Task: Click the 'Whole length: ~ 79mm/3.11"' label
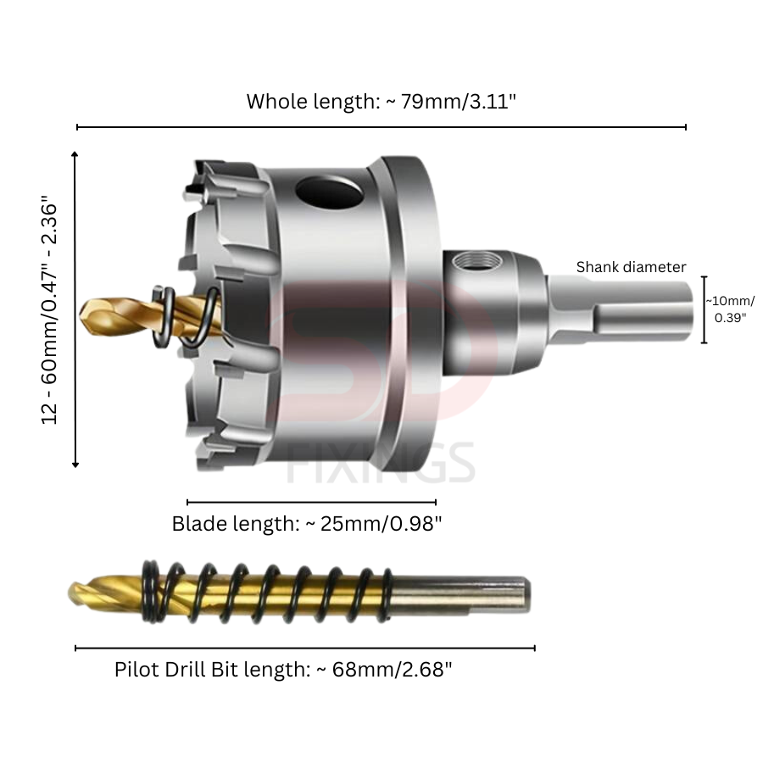point(381,102)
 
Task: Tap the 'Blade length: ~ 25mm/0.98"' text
point(307,524)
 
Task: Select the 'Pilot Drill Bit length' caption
point(213,670)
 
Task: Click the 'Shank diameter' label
point(631,267)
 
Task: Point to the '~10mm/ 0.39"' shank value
point(731,309)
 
